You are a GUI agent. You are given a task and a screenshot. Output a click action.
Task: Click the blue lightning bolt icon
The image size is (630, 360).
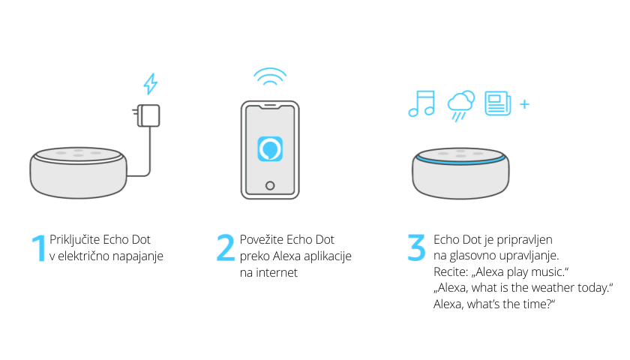coord(151,83)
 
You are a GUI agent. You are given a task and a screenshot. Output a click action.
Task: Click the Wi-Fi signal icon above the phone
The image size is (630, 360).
coord(270,76)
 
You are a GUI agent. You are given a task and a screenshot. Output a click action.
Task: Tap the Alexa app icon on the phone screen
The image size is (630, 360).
coord(270,149)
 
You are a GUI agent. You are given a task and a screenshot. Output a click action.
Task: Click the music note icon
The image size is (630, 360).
coord(421,103)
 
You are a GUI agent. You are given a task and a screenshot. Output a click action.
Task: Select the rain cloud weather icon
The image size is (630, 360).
coord(460,105)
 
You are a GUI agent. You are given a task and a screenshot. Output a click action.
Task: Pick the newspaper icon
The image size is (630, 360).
coord(498,103)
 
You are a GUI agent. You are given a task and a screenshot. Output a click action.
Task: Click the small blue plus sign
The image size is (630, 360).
coord(524,104)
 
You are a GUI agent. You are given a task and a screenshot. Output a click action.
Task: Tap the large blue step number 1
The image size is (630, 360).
coord(39,248)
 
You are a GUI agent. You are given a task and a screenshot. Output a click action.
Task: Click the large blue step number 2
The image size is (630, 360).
coord(226,248)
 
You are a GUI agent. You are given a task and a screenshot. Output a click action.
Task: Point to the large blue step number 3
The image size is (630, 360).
coord(416,248)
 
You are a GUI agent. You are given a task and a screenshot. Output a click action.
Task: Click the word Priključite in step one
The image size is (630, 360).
coord(75,240)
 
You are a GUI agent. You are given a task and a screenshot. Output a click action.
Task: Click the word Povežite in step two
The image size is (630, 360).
coord(262,239)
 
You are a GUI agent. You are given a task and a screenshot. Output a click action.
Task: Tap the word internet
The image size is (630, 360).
coord(277,272)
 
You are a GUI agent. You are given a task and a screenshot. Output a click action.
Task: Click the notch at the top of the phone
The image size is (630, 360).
coord(270,106)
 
